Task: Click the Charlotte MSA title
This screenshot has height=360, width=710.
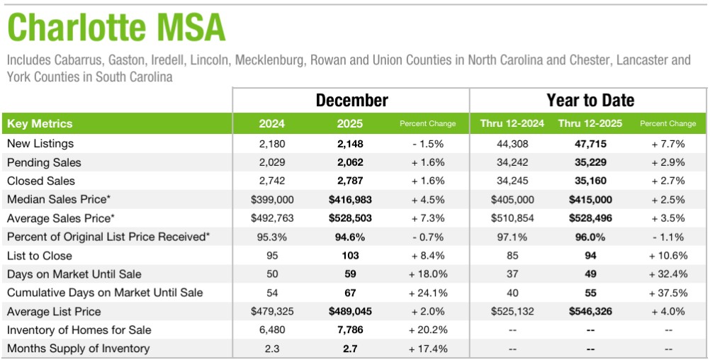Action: [116, 28]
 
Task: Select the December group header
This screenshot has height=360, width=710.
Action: [351, 100]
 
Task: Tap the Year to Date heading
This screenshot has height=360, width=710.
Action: [590, 100]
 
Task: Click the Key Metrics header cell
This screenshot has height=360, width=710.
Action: [40, 124]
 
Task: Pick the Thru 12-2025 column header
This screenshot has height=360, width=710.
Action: [590, 124]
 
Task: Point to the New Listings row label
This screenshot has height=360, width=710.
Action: [40, 144]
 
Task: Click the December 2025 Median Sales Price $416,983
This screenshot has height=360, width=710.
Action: [350, 200]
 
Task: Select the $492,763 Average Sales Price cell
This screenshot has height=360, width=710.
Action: [272, 218]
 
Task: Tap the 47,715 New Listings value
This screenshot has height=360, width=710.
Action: [590, 144]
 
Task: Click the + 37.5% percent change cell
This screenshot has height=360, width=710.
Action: [667, 293]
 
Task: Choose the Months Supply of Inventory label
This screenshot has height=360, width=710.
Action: [78, 349]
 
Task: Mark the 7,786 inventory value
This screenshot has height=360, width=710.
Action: [350, 330]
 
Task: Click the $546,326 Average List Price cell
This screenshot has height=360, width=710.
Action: [590, 312]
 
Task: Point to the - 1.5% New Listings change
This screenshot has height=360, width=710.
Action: [428, 144]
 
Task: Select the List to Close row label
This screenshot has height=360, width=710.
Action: [40, 256]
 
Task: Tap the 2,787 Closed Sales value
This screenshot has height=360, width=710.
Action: [350, 181]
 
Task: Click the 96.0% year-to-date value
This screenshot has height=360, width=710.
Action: [590, 237]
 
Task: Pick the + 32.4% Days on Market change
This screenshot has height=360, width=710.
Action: [667, 274]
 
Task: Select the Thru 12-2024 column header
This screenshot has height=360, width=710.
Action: [512, 124]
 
